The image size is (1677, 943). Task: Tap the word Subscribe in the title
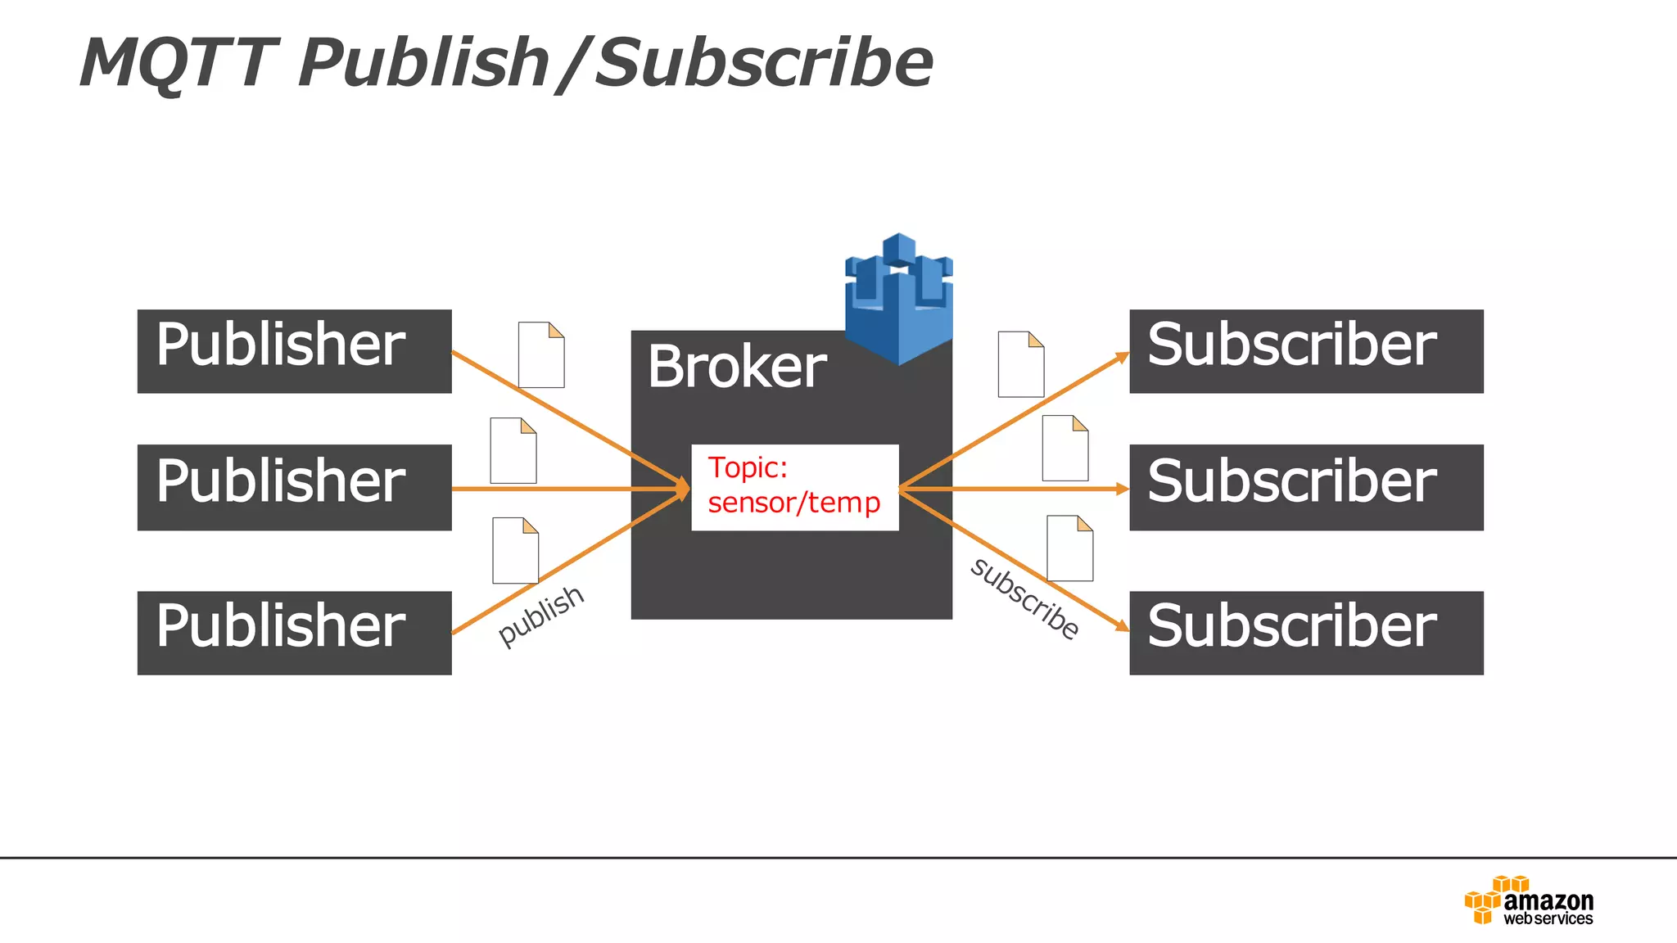763,64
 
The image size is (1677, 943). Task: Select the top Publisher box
294,351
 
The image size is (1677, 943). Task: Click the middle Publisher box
294,487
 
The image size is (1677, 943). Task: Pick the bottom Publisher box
294,633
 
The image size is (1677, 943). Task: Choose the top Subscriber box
1306,351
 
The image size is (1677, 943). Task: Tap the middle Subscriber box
1306,487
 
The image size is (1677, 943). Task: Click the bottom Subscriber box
1306,633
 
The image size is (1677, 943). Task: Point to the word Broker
736,367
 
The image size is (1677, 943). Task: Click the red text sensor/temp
793,503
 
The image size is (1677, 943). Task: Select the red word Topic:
747,467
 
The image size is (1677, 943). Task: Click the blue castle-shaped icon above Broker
898,300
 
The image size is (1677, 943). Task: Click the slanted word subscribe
1024,598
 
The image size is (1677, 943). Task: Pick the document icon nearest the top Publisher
541,354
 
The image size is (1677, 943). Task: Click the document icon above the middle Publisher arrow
513,451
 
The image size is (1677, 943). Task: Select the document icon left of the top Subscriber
1020,364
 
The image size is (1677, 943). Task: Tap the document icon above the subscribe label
1069,548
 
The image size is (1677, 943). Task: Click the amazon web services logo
1529,901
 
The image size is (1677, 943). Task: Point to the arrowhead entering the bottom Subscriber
1122,626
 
